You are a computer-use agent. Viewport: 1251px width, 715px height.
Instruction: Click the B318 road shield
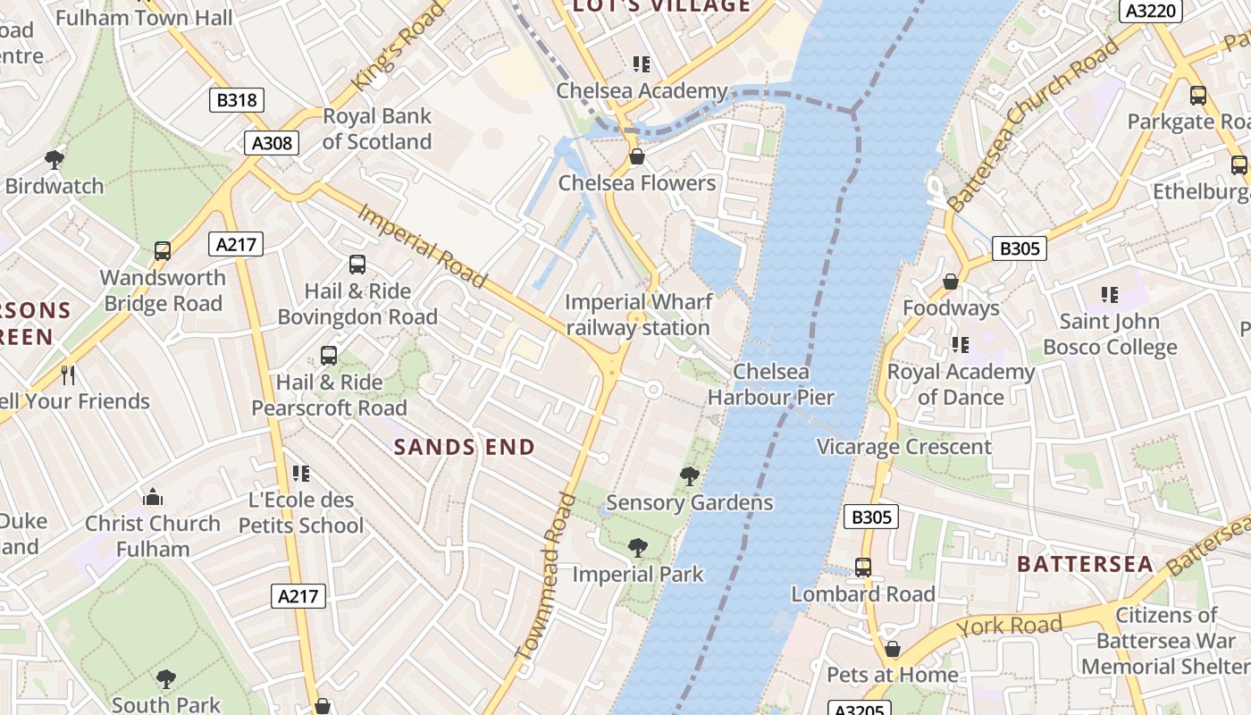[x=238, y=100]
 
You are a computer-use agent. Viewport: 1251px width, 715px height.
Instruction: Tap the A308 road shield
[x=272, y=143]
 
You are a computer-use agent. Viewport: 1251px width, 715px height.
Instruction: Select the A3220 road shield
[x=1151, y=11]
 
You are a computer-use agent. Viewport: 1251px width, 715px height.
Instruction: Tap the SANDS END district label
[x=465, y=447]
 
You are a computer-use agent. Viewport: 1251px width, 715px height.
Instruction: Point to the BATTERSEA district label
[x=1086, y=564]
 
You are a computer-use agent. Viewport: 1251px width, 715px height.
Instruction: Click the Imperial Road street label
[x=423, y=246]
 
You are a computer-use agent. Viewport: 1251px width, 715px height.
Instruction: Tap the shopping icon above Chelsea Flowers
[x=637, y=157]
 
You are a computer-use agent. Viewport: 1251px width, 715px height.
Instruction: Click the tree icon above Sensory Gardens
[x=689, y=475]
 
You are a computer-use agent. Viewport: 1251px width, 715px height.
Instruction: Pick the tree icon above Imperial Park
[x=637, y=547]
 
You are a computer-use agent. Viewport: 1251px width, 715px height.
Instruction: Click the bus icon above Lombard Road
[x=863, y=568]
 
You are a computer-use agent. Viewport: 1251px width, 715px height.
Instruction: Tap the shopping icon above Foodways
[x=951, y=282]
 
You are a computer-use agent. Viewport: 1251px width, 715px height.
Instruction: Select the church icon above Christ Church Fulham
[x=153, y=497]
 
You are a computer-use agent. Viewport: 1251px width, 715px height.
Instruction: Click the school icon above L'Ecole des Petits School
[x=301, y=474]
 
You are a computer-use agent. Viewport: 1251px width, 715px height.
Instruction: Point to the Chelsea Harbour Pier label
[x=770, y=384]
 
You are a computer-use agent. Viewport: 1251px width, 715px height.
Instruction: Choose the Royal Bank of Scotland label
[x=376, y=129]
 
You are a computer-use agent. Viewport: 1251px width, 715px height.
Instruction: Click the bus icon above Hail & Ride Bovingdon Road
[x=357, y=265]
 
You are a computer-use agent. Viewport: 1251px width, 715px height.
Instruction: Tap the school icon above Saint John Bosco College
[x=1110, y=295]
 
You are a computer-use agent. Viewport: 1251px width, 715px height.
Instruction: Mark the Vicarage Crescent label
[x=903, y=447]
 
